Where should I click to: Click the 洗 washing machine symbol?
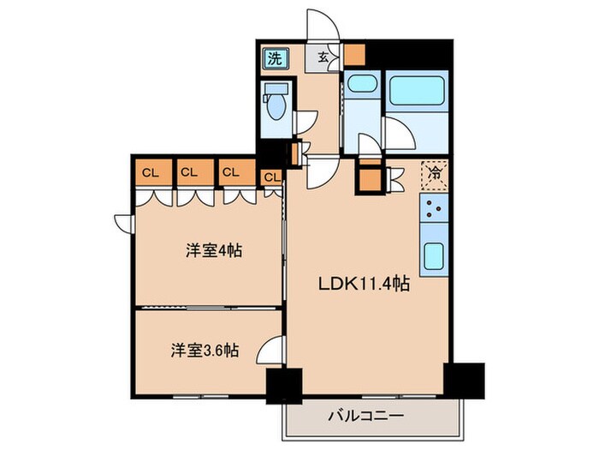coord(275,59)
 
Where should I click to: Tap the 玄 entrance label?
coord(325,58)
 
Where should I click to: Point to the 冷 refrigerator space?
coord(435,174)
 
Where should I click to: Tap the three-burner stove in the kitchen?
coord(433,209)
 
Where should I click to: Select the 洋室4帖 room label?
coord(213,251)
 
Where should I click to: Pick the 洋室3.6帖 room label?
coord(204,350)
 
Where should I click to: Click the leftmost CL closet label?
coord(151,172)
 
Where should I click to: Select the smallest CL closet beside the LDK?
coord(271,177)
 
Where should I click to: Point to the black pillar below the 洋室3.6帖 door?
coord(284,386)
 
